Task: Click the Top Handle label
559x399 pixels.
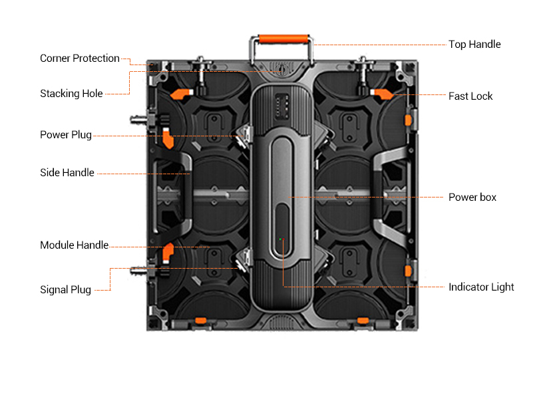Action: coord(474,45)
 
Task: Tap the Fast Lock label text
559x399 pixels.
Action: coord(470,96)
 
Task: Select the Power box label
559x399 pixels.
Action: coord(472,198)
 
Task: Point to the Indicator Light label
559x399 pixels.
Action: coord(481,287)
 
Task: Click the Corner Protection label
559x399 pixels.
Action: coord(80,59)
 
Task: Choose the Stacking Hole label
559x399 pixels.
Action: coord(71,94)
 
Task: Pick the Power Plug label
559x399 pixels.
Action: coord(66,135)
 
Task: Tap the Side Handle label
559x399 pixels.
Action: coord(67,173)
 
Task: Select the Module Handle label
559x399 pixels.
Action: coord(74,245)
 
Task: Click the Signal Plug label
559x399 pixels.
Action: coord(66,290)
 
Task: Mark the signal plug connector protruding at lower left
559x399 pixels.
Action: coord(138,271)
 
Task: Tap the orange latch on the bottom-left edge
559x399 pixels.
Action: coord(198,321)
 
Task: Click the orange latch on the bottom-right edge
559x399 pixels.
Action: coord(363,321)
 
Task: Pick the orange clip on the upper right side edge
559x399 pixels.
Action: coord(407,120)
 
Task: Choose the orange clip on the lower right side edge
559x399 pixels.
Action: coord(407,269)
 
